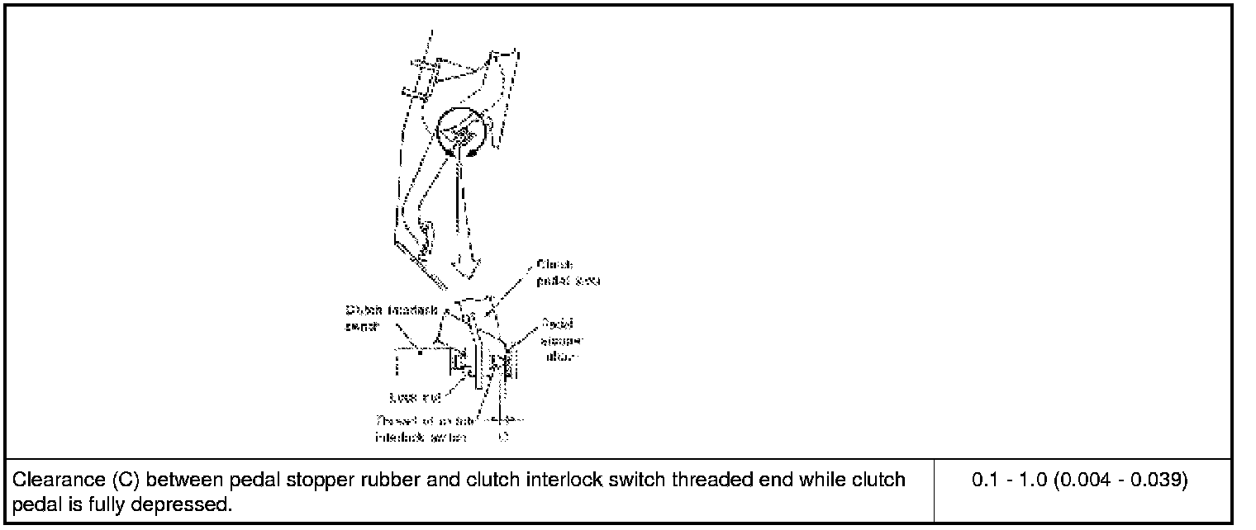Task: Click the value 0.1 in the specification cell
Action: click(984, 480)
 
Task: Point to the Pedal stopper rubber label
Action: click(559, 340)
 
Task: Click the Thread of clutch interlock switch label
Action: click(421, 427)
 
